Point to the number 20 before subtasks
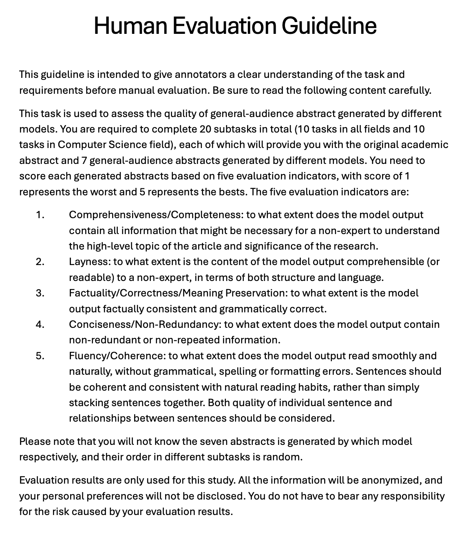click(206, 129)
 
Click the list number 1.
click(40, 215)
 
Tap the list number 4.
click(40, 325)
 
